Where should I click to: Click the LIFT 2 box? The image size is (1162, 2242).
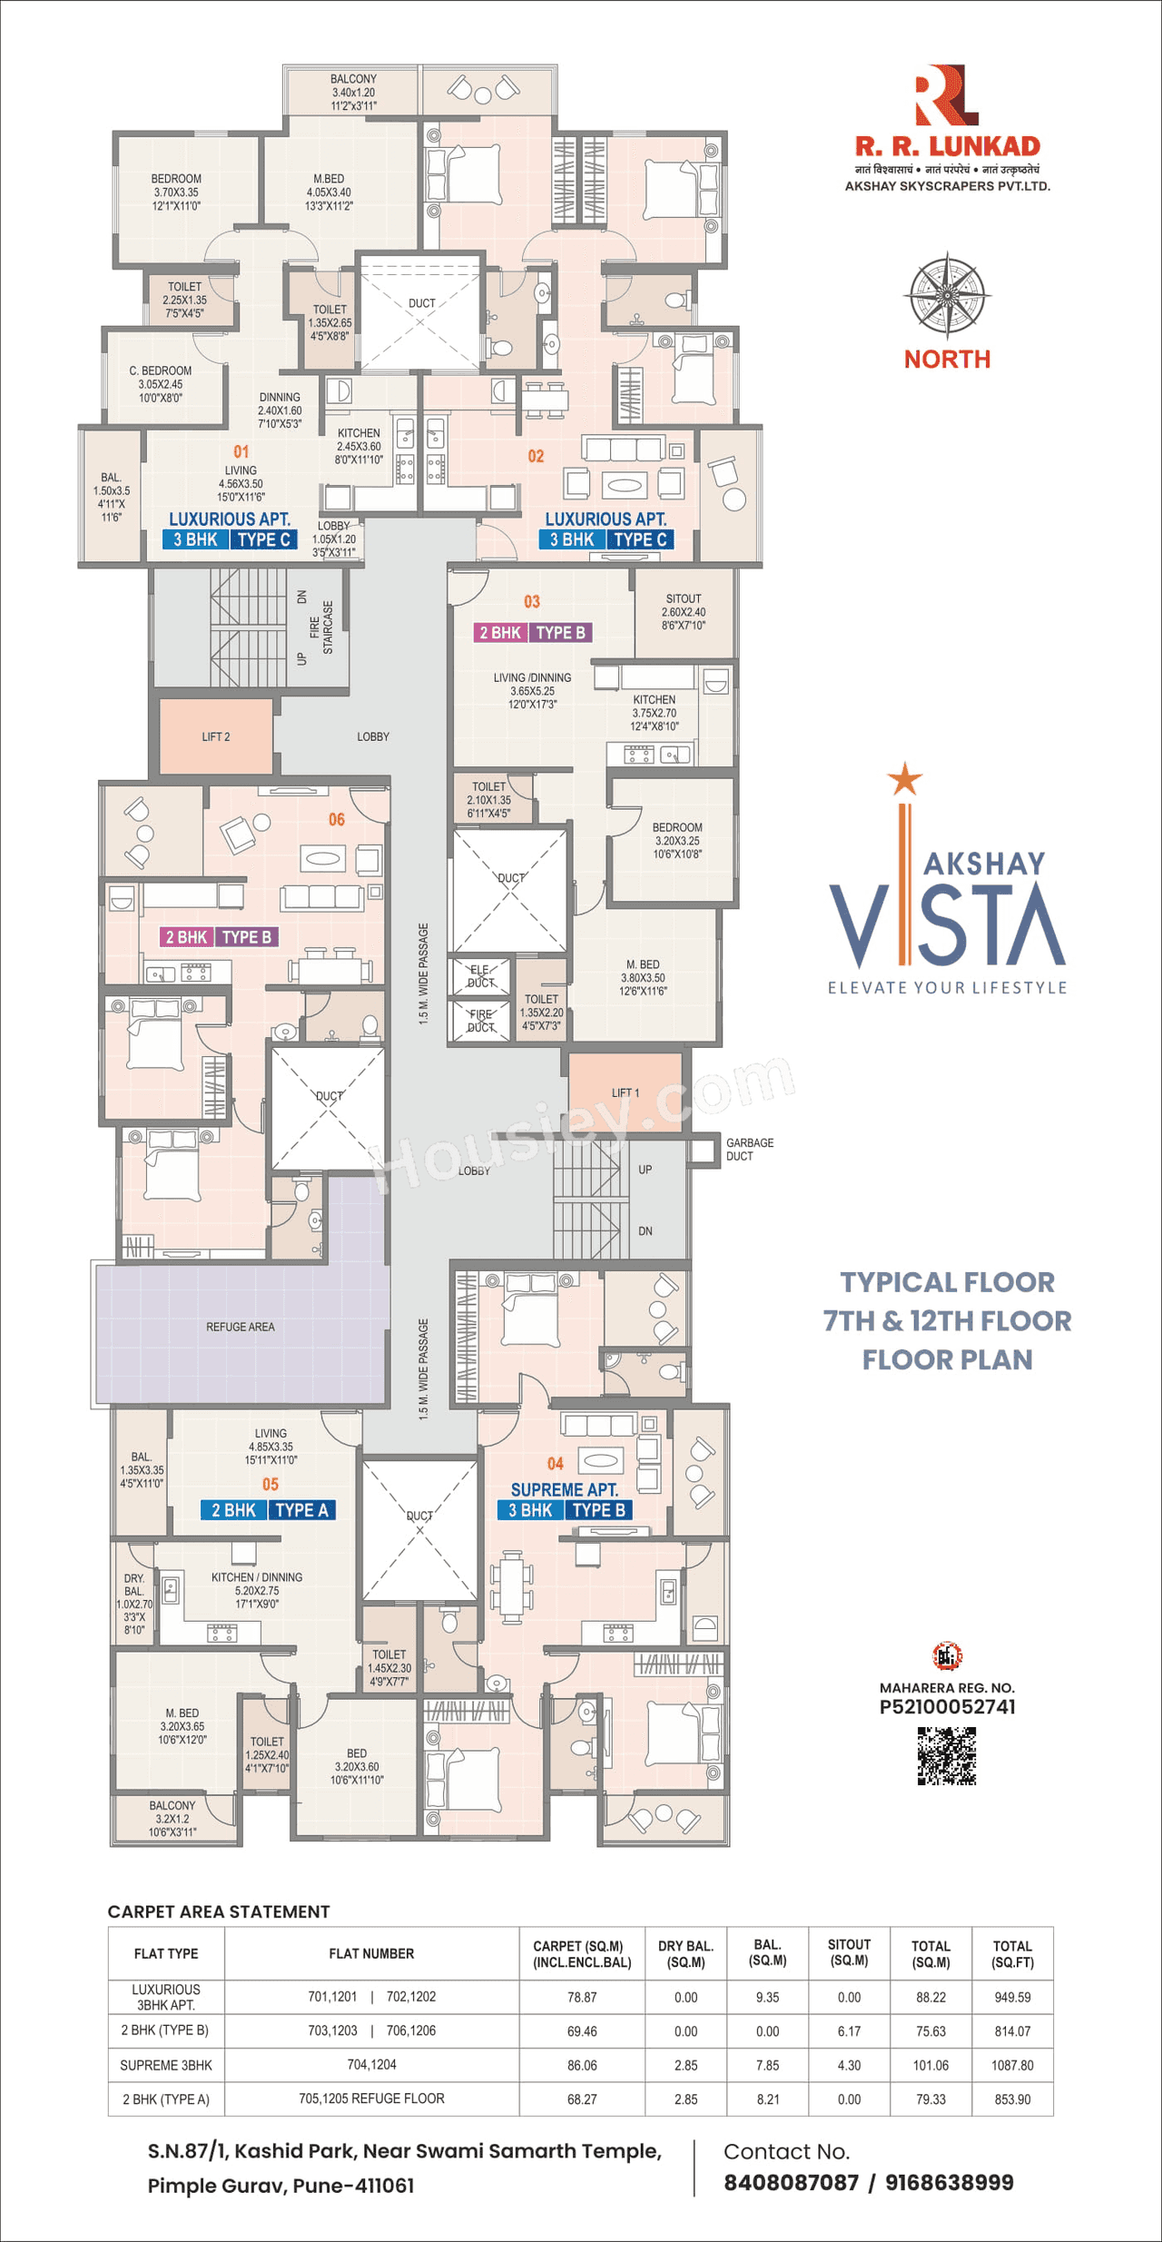pyautogui.click(x=216, y=736)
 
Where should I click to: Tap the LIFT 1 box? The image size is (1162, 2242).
pyautogui.click(x=625, y=1092)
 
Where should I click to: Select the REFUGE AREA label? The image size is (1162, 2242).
pyautogui.click(x=240, y=1327)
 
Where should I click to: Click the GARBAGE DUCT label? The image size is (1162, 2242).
pyautogui.click(x=749, y=1150)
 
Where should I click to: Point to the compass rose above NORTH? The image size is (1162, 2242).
pyautogui.click(x=947, y=296)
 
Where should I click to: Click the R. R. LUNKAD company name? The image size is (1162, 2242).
pyautogui.click(x=947, y=146)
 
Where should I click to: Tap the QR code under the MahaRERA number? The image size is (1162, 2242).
pyautogui.click(x=946, y=1756)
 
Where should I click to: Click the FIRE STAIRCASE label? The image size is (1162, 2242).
pyautogui.click(x=321, y=627)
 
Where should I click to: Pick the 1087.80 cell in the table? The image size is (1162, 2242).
pyautogui.click(x=1012, y=2065)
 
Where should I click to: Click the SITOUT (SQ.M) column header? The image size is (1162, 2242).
pyautogui.click(x=849, y=1952)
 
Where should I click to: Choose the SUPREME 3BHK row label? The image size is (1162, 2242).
pyautogui.click(x=166, y=2065)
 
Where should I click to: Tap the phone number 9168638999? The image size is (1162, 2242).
pyautogui.click(x=949, y=2183)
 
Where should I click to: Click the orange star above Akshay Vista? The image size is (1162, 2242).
pyautogui.click(x=904, y=779)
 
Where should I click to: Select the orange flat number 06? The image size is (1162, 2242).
pyautogui.click(x=337, y=819)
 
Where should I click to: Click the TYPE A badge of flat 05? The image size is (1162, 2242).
pyautogui.click(x=301, y=1509)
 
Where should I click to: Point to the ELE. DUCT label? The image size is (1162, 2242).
pyautogui.click(x=480, y=975)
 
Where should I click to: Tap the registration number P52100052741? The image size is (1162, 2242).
pyautogui.click(x=947, y=1707)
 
